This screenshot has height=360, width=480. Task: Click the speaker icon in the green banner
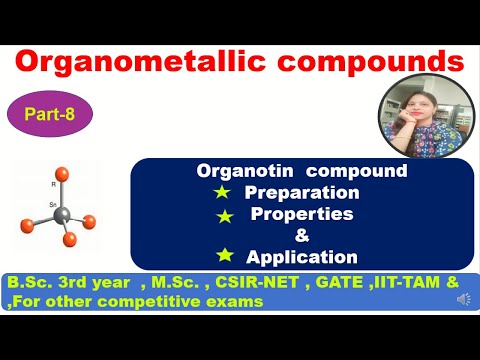464,300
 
